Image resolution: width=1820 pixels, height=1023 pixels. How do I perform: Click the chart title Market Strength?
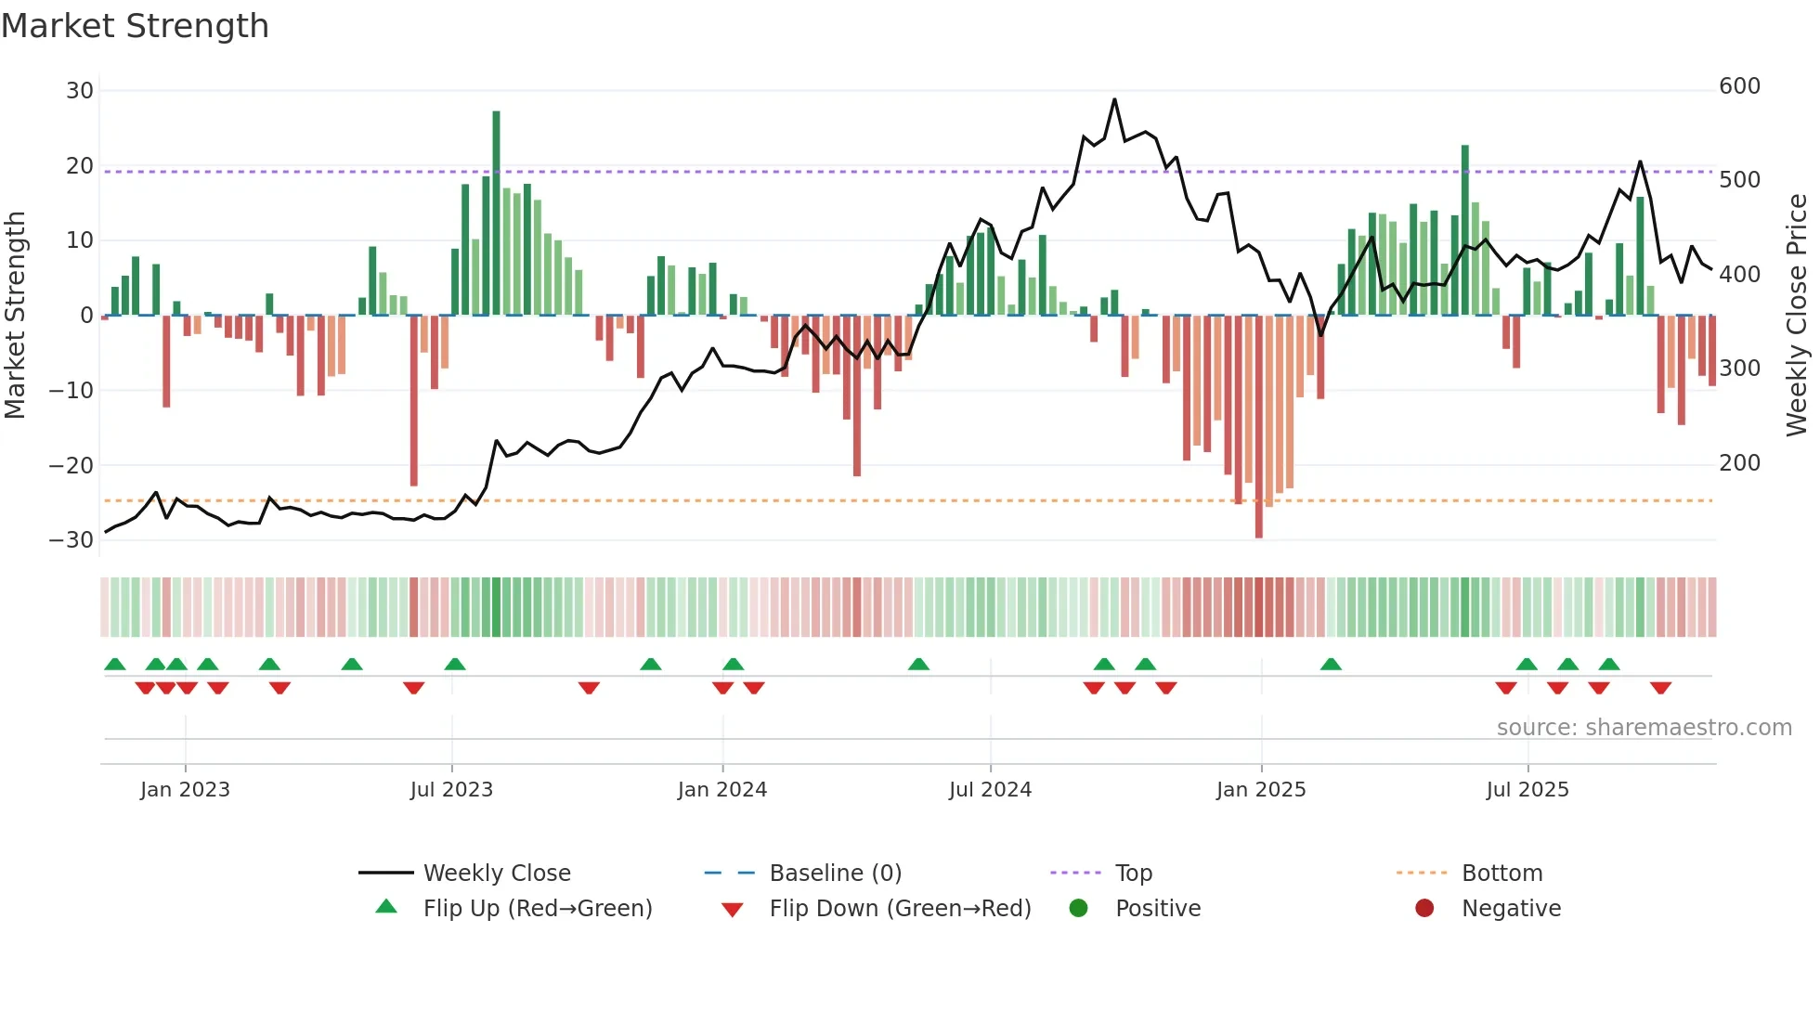coord(136,26)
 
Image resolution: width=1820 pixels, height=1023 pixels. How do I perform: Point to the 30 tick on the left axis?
coord(80,91)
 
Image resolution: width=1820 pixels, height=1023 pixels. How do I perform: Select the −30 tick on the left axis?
coord(72,540)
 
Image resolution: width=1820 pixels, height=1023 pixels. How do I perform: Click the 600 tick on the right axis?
coord(1739,86)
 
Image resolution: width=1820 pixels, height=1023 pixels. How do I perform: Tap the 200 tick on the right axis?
coord(1739,463)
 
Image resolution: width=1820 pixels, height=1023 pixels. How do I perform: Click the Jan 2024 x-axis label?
coord(721,790)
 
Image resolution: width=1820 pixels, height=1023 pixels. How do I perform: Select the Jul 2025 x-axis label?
coord(1527,790)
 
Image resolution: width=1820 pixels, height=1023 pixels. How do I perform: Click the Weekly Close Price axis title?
coord(1797,316)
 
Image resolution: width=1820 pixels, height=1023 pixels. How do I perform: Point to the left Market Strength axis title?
coord(15,316)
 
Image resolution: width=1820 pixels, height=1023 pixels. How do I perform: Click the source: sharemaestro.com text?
coord(1644,728)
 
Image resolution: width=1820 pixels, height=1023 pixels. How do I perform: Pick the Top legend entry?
coord(1133,874)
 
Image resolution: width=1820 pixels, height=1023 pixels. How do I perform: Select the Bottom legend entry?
coord(1501,874)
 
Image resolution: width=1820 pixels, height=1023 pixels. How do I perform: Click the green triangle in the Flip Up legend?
coord(386,907)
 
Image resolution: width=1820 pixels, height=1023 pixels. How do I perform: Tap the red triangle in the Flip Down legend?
coord(732,910)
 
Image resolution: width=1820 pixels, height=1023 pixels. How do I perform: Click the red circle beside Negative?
coord(1424,908)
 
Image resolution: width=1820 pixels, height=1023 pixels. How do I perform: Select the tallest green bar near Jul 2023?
coord(496,214)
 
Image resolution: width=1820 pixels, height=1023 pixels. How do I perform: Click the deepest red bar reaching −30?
coord(1258,427)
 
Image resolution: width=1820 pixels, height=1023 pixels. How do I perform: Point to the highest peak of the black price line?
coord(1114,100)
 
